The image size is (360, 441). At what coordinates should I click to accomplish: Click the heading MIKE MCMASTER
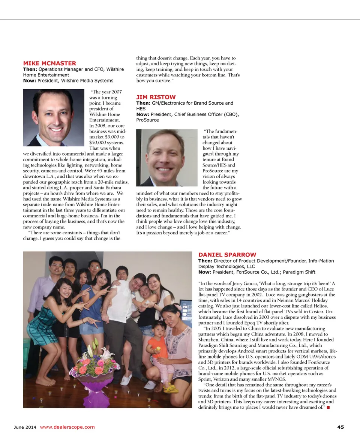[49, 63]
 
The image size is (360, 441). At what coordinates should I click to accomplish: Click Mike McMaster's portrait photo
[54, 117]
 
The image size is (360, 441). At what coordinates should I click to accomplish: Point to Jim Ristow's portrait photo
[166, 157]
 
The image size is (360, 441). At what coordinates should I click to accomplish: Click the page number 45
[340, 427]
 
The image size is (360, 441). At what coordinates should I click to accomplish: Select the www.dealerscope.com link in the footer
[67, 427]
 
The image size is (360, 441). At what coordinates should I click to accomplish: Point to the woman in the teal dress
[49, 322]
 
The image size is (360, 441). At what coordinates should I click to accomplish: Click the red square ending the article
[328, 408]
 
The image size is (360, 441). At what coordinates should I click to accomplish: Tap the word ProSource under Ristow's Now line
[147, 120]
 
